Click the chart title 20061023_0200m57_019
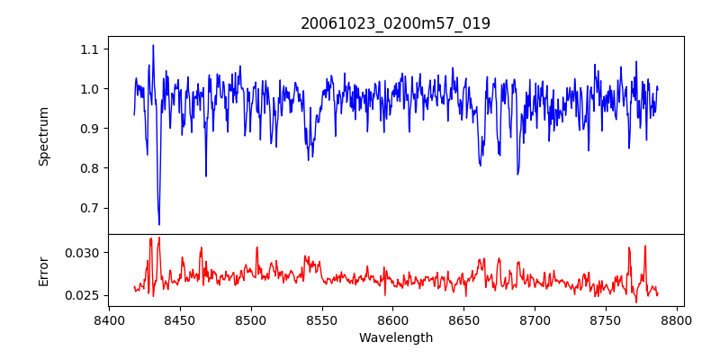[395, 23]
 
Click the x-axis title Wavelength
[395, 337]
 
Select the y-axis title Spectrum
[44, 136]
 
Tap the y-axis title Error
[44, 270]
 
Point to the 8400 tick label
[109, 319]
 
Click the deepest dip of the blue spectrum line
[159, 224]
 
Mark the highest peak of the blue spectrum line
[153, 45]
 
